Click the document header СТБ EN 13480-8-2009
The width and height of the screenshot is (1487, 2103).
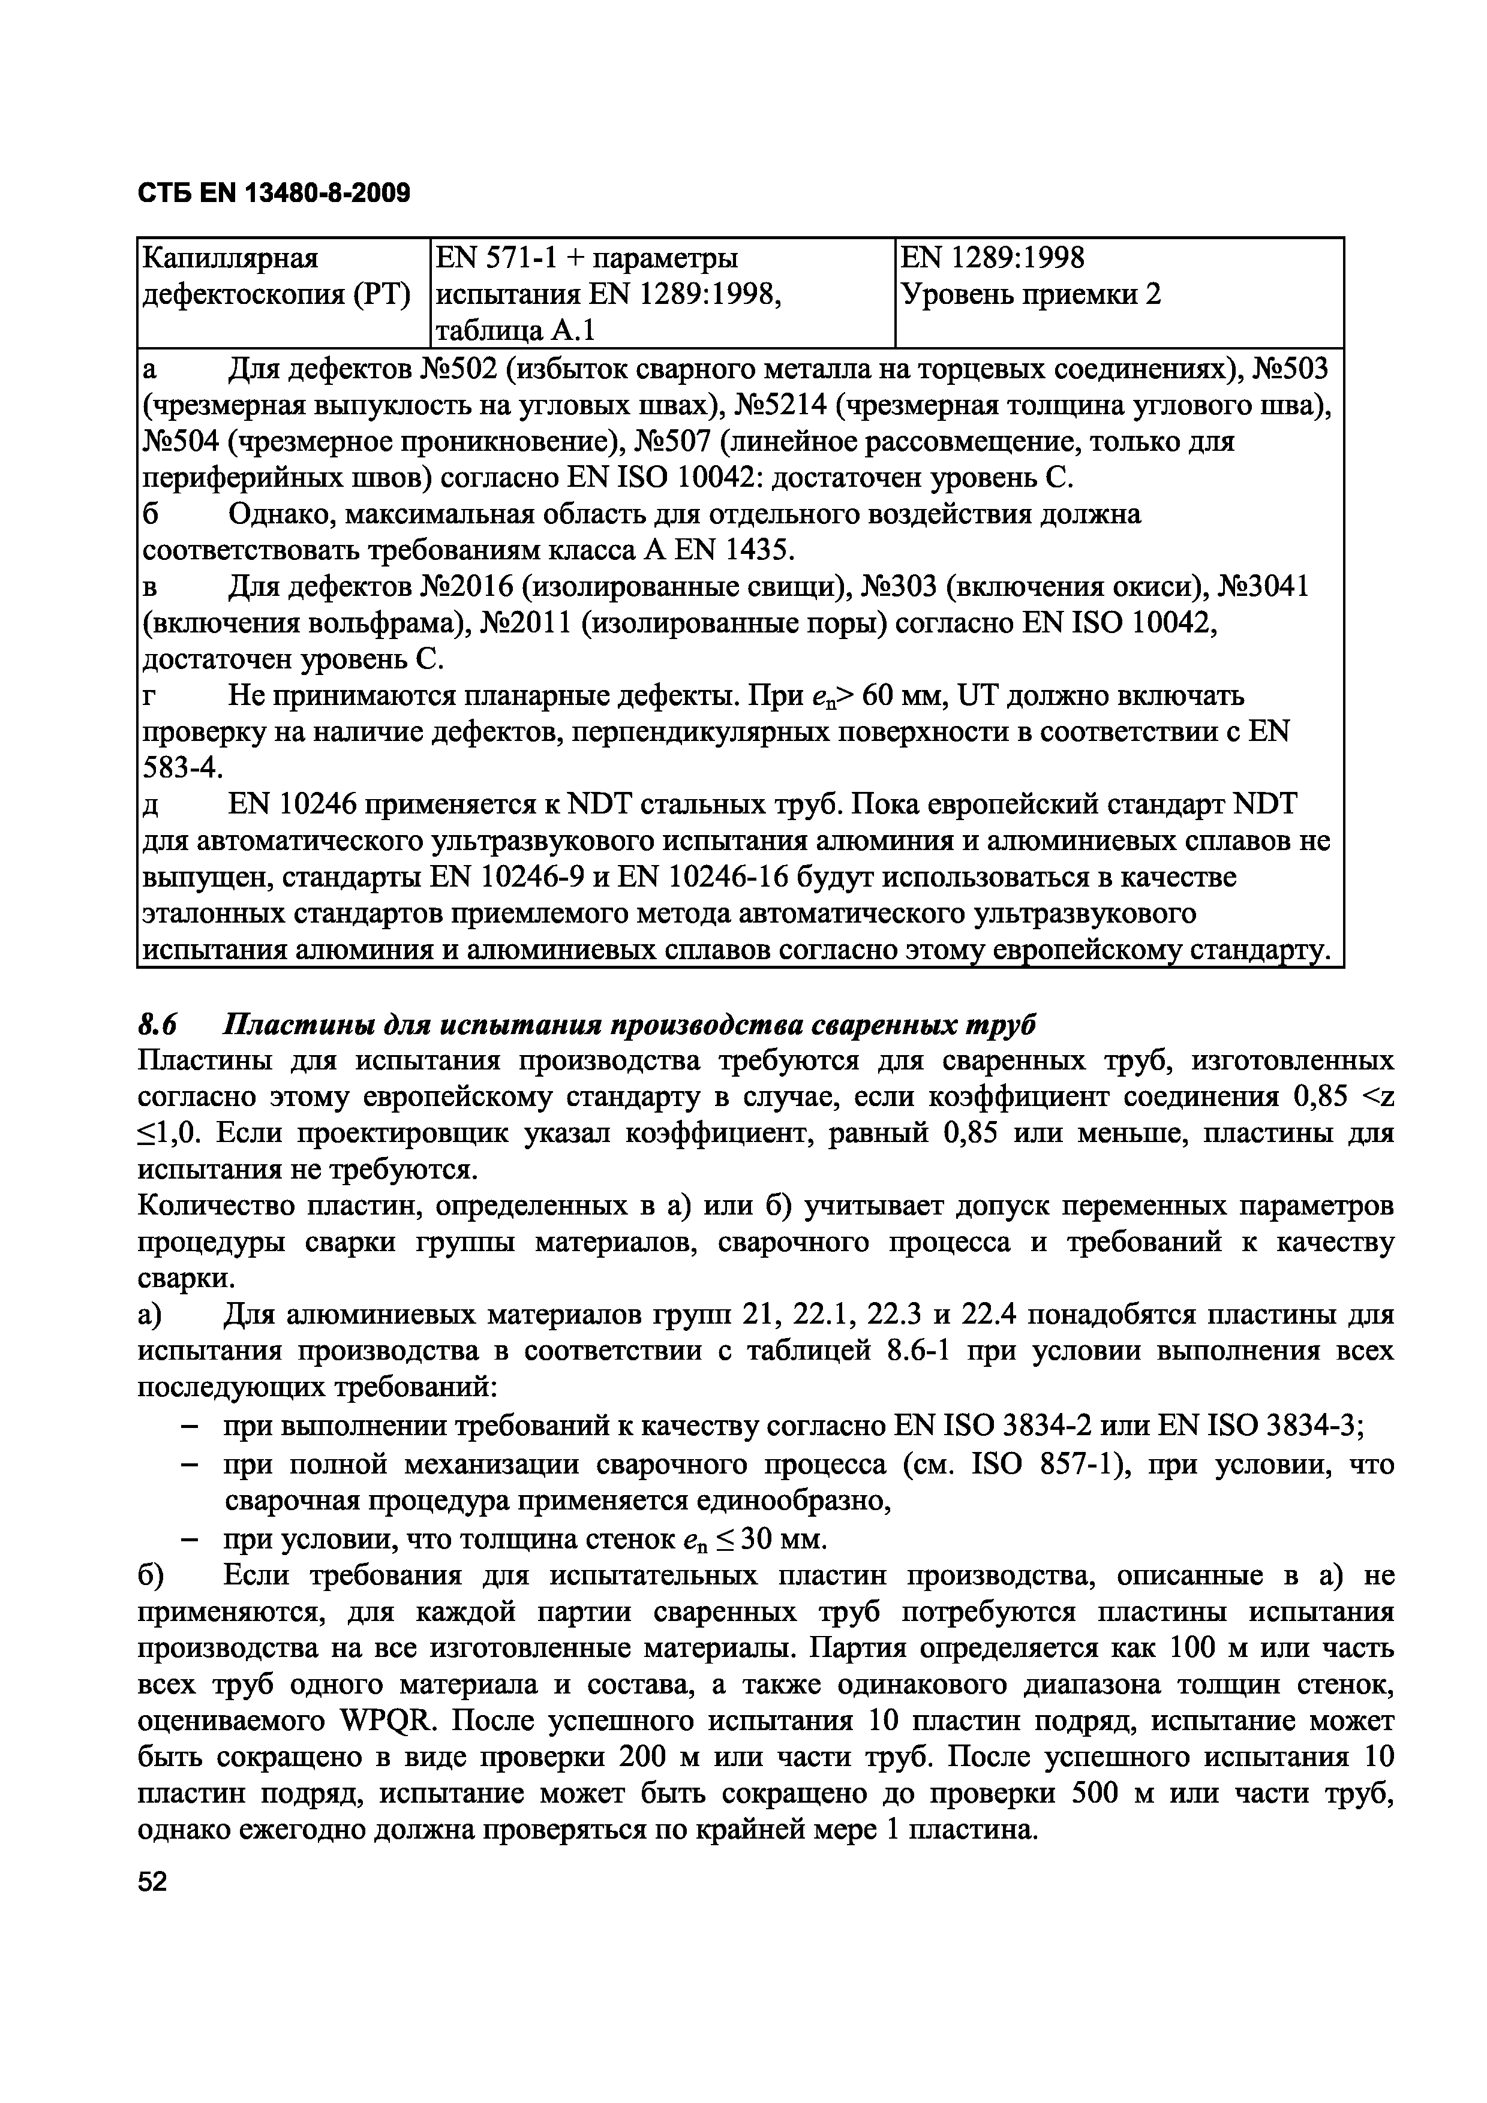click(273, 193)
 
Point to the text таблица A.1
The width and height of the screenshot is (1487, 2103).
click(516, 330)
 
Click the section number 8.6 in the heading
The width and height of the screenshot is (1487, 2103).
click(156, 1024)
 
